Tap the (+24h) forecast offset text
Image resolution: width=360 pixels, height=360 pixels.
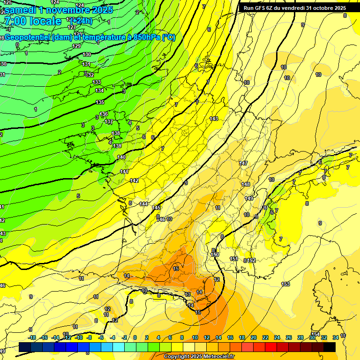tap(81, 21)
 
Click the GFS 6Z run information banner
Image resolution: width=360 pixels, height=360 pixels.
tap(292, 8)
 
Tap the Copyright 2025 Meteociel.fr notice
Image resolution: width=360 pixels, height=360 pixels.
tap(199, 356)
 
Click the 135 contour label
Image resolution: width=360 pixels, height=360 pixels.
tap(100, 102)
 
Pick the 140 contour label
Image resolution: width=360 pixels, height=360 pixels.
tap(121, 157)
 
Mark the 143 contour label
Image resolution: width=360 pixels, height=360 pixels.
tap(214, 119)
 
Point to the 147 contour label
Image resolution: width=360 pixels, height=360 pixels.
tap(243, 163)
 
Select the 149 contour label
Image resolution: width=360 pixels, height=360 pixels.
tap(249, 199)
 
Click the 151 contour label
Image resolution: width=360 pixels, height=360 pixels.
tap(234, 259)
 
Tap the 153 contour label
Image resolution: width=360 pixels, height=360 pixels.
tap(285, 284)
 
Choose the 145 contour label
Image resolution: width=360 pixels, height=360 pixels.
tap(157, 208)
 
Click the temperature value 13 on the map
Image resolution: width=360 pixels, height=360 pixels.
tap(187, 294)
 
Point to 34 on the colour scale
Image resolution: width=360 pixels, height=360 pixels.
tap(335, 337)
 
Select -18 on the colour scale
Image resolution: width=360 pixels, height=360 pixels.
tap(32, 337)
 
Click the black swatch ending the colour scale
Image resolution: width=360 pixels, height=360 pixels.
tap(330, 347)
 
